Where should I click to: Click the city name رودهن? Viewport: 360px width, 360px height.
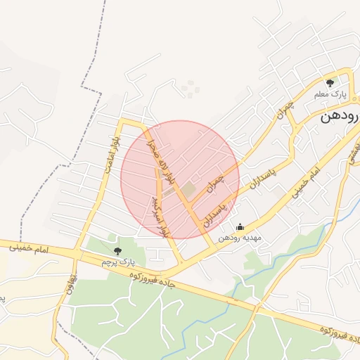coord(339,117)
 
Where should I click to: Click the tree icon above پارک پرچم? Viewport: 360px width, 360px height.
coord(117,251)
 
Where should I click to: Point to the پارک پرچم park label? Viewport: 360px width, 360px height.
coord(117,262)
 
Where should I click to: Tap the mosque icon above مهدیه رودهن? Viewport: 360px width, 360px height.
coord(240,227)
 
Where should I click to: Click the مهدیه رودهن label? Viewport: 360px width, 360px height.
coord(239,238)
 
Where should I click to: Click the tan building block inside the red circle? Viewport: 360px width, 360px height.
coord(190,189)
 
